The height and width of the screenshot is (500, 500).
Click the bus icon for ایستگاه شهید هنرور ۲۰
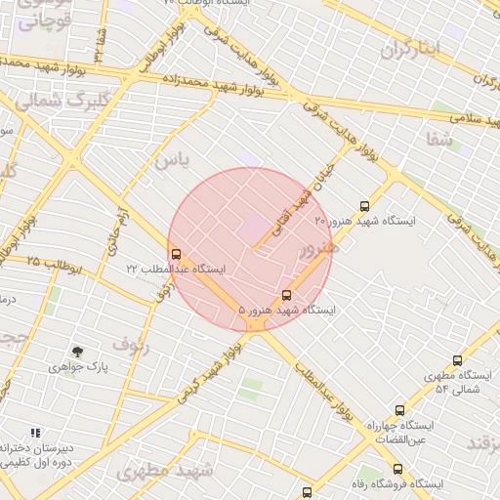pos(364,206)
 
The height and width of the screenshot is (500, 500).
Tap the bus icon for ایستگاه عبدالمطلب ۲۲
pos(176,255)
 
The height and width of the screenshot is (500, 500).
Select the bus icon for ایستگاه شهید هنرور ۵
pos(286,295)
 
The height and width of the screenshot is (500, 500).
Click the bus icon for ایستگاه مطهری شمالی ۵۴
pos(458,360)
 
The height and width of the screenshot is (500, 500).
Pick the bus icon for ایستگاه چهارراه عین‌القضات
pos(399,411)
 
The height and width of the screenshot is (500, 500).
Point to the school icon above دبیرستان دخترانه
pos(35,433)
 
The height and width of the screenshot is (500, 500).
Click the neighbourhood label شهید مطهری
pos(164,471)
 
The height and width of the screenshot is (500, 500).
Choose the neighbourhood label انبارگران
pos(411,48)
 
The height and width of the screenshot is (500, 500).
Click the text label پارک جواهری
pos(77,368)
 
